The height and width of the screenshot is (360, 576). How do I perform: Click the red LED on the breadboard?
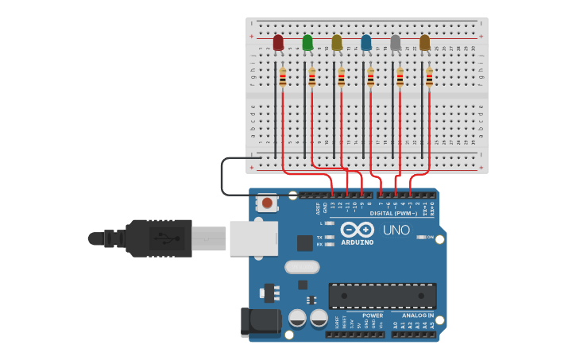(x=278, y=43)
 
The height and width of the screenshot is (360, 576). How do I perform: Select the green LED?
(x=307, y=43)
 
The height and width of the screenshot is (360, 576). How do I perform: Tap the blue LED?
(x=366, y=43)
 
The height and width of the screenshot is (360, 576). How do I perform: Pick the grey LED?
(x=396, y=43)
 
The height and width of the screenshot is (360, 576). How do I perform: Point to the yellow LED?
(x=337, y=43)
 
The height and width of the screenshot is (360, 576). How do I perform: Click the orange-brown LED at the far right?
(x=425, y=43)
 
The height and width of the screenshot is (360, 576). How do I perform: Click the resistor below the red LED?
(x=283, y=77)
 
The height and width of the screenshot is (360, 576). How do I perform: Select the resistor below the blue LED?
(x=370, y=77)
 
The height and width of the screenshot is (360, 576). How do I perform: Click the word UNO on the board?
(x=396, y=230)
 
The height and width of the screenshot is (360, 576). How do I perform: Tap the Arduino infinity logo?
(x=357, y=230)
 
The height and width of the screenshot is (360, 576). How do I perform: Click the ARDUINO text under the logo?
(x=357, y=242)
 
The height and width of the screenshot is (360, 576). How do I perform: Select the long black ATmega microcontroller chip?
(x=382, y=296)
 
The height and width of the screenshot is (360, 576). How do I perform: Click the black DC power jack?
(x=261, y=321)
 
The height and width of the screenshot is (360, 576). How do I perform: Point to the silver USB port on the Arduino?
(x=253, y=238)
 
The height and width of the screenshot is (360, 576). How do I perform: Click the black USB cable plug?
(x=159, y=238)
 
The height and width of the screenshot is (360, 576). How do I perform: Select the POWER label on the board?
(x=372, y=315)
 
